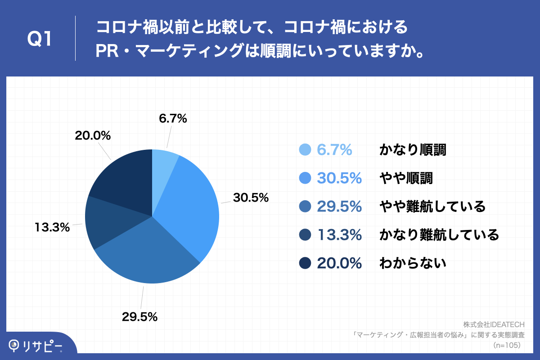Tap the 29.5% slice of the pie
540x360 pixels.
tap(148, 256)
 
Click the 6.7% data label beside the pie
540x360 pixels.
tap(173, 119)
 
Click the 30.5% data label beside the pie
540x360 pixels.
tap(250, 198)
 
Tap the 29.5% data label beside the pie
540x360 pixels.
tap(139, 317)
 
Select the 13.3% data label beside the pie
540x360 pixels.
tap(52, 227)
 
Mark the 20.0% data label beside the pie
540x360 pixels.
tap(93, 135)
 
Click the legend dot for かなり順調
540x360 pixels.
tap(305, 150)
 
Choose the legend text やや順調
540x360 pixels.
tap(406, 178)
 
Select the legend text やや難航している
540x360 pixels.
tap(432, 207)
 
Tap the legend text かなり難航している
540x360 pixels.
tap(439, 234)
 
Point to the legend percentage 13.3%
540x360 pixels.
tap(340, 234)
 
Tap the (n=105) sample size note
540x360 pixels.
tap(507, 345)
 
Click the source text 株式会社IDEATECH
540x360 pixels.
tap(494, 324)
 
